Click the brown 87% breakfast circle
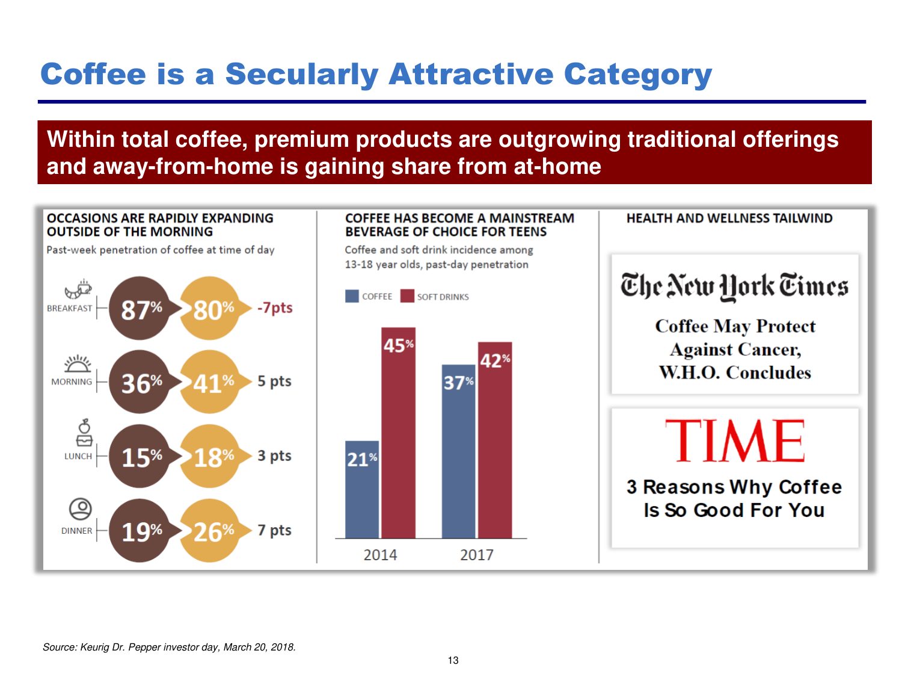140,309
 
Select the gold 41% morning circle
210,382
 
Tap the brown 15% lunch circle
140,457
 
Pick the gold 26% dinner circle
210,531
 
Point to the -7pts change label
275,308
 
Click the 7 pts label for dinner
274,530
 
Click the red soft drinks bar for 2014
398,433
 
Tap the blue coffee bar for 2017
458,451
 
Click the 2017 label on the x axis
477,555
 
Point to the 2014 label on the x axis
380,555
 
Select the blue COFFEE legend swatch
352,296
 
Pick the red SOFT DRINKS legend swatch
408,296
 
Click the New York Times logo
734,286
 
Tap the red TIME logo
734,441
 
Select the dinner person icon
80,509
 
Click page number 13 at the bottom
453,660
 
